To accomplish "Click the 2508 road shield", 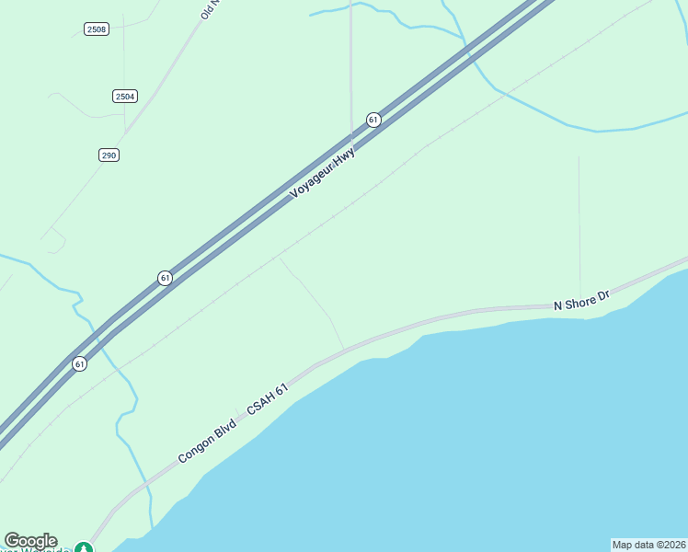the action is (96, 29).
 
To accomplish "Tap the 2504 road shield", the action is (125, 96).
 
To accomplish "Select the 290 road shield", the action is (109, 155).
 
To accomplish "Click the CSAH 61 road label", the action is (268, 398).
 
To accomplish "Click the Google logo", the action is (30, 541).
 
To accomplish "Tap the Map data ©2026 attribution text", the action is (648, 545).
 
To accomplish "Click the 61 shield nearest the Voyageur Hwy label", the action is (373, 120).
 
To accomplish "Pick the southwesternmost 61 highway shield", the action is (80, 363).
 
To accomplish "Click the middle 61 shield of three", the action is (165, 278).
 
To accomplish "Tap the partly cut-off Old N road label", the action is (206, 10).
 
